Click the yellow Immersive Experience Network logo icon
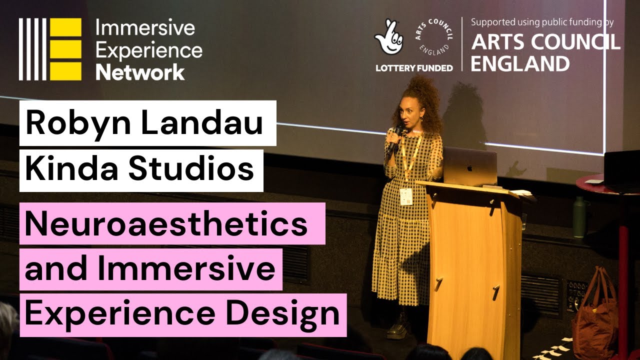click(x=50, y=49)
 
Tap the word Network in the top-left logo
click(x=140, y=72)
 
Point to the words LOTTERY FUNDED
click(x=414, y=67)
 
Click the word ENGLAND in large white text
click(x=520, y=63)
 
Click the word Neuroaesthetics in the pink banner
click(x=166, y=223)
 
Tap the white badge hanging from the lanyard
click(x=406, y=196)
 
